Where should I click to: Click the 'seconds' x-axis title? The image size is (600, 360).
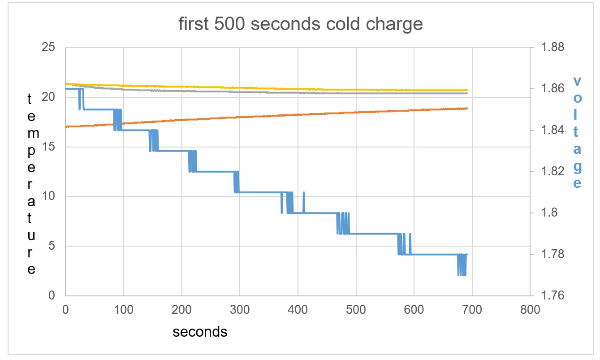point(200,332)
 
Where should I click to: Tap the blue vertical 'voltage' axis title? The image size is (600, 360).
point(578,132)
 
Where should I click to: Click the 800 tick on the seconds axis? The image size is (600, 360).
point(530,309)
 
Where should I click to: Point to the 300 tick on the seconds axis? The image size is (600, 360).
point(240,309)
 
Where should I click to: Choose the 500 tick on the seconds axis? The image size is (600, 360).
point(356,309)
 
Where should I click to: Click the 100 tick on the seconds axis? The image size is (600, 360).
point(123,309)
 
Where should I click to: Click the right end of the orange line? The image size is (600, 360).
point(467,108)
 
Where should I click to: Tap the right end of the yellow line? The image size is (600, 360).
point(467,90)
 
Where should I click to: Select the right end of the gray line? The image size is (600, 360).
point(467,93)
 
